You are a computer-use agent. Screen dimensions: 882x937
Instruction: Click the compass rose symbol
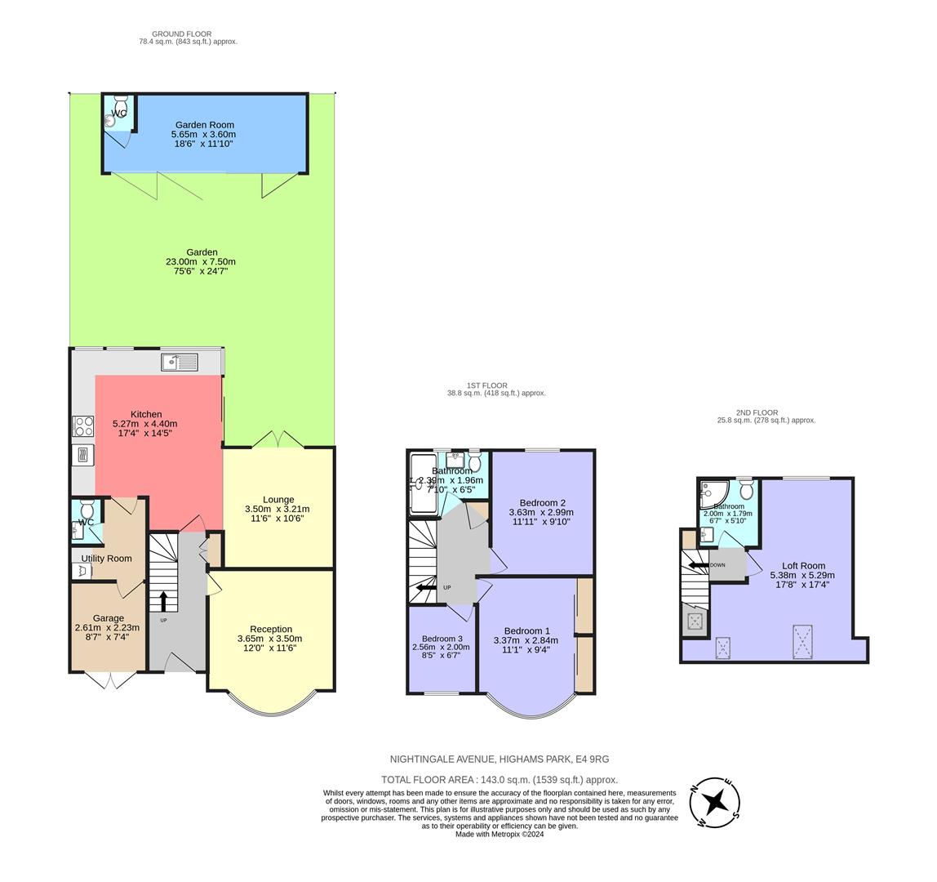click(716, 802)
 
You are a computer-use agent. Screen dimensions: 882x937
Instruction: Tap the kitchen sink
click(180, 362)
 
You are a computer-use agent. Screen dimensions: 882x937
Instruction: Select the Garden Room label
click(204, 125)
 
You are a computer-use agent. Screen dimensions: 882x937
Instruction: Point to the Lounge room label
click(278, 500)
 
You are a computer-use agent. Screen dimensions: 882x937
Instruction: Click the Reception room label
click(271, 629)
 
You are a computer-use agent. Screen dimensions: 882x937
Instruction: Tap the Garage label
click(108, 618)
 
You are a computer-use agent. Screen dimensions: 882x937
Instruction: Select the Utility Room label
click(106, 559)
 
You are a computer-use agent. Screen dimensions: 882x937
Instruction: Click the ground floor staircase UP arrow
click(163, 601)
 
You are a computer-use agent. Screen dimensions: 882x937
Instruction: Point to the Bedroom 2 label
click(542, 503)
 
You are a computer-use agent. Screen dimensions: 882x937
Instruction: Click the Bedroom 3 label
click(442, 639)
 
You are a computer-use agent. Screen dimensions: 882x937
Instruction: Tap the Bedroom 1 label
click(527, 630)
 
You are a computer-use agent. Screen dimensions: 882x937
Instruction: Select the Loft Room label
click(803, 565)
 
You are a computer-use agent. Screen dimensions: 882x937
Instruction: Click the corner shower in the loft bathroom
click(712, 492)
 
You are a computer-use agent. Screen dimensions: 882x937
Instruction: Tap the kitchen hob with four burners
click(83, 426)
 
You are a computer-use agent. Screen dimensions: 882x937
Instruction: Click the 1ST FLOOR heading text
click(487, 385)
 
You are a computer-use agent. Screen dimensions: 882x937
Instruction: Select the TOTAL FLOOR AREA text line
click(500, 780)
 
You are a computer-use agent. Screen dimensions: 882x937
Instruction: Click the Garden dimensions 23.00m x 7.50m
click(201, 262)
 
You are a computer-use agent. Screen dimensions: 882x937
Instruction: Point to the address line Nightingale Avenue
click(500, 759)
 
